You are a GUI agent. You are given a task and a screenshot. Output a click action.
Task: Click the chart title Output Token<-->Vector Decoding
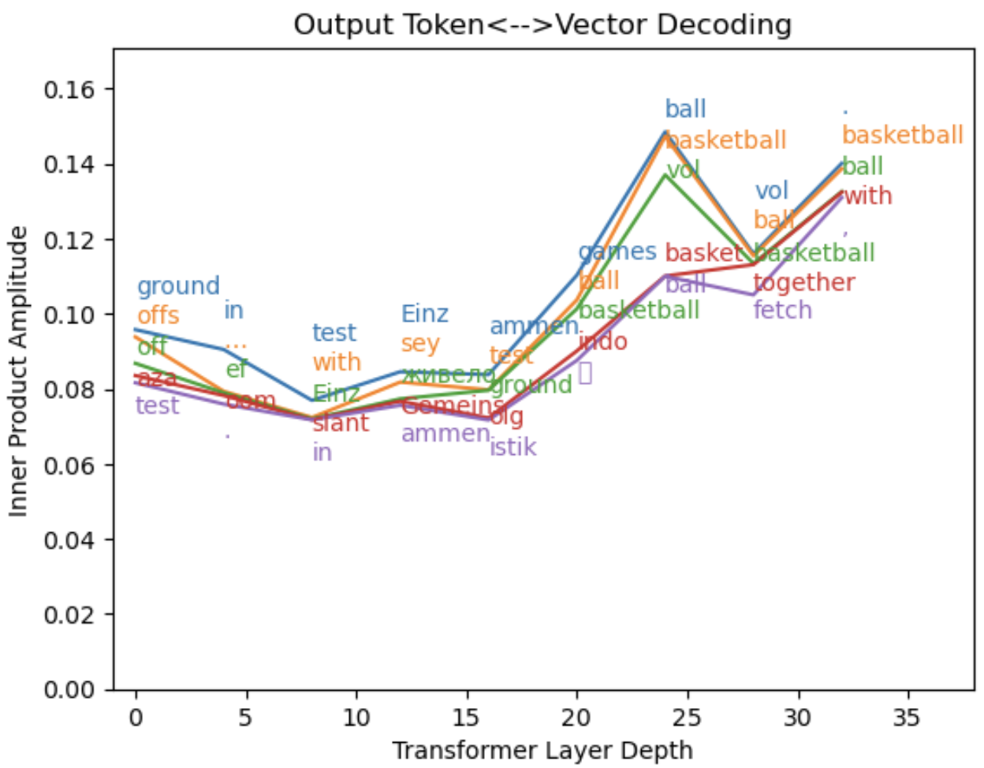click(x=542, y=24)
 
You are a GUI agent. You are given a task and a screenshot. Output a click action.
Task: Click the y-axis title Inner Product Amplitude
click(x=19, y=371)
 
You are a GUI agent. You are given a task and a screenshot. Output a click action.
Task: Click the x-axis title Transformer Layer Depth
click(x=542, y=750)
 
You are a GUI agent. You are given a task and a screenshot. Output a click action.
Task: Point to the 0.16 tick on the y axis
click(x=69, y=90)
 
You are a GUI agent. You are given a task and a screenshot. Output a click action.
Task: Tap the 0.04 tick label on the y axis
click(x=69, y=540)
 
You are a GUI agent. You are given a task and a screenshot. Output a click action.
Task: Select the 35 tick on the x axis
click(x=908, y=717)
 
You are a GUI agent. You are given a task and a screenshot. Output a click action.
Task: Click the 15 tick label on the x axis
click(x=467, y=717)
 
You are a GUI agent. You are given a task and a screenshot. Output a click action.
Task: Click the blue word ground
click(x=178, y=286)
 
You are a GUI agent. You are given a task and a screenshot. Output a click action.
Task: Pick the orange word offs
click(x=158, y=315)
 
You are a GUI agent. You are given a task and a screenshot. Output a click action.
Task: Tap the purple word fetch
click(x=782, y=310)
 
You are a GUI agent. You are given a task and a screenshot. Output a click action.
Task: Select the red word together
click(x=803, y=281)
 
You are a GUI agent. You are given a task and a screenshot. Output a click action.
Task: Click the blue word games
click(x=617, y=252)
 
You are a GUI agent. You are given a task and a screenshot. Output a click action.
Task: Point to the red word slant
click(x=341, y=423)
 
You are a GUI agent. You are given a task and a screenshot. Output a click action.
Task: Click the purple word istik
click(x=512, y=447)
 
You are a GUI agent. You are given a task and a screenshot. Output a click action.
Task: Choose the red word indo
click(x=602, y=341)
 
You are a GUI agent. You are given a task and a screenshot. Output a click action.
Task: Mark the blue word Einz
click(x=424, y=314)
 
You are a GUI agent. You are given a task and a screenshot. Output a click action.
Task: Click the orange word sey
click(x=419, y=344)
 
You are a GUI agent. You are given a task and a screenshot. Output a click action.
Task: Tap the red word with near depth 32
click(x=867, y=196)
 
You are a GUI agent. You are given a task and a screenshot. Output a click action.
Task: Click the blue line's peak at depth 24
click(x=666, y=131)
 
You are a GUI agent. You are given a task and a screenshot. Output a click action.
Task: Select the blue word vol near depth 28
click(x=771, y=191)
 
